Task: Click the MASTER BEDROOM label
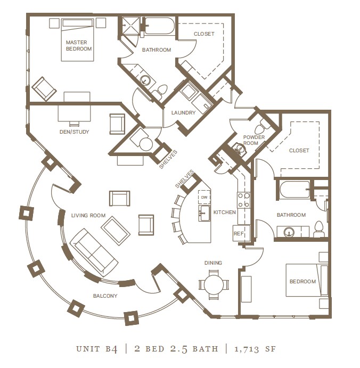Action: [x=79, y=45]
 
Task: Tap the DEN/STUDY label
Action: [x=74, y=132]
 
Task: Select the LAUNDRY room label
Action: [x=183, y=112]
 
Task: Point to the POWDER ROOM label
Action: [x=254, y=140]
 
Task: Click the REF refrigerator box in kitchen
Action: [x=239, y=233]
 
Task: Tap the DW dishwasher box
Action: [x=204, y=197]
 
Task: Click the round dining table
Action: [x=214, y=282]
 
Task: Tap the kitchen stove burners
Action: [x=243, y=201]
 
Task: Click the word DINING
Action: [x=213, y=263]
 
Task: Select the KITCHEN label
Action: [x=224, y=212]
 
